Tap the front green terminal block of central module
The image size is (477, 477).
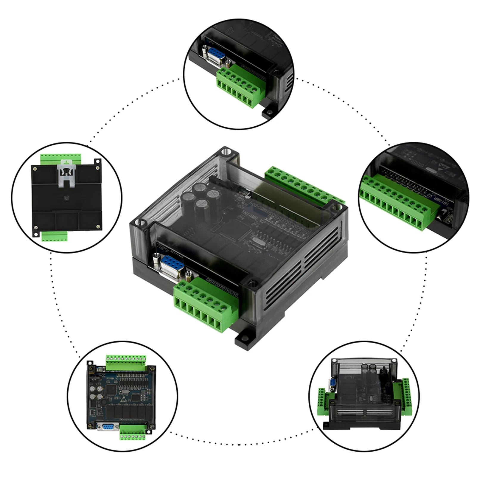206,307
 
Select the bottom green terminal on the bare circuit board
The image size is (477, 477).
133,432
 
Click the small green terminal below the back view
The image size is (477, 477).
54,237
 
